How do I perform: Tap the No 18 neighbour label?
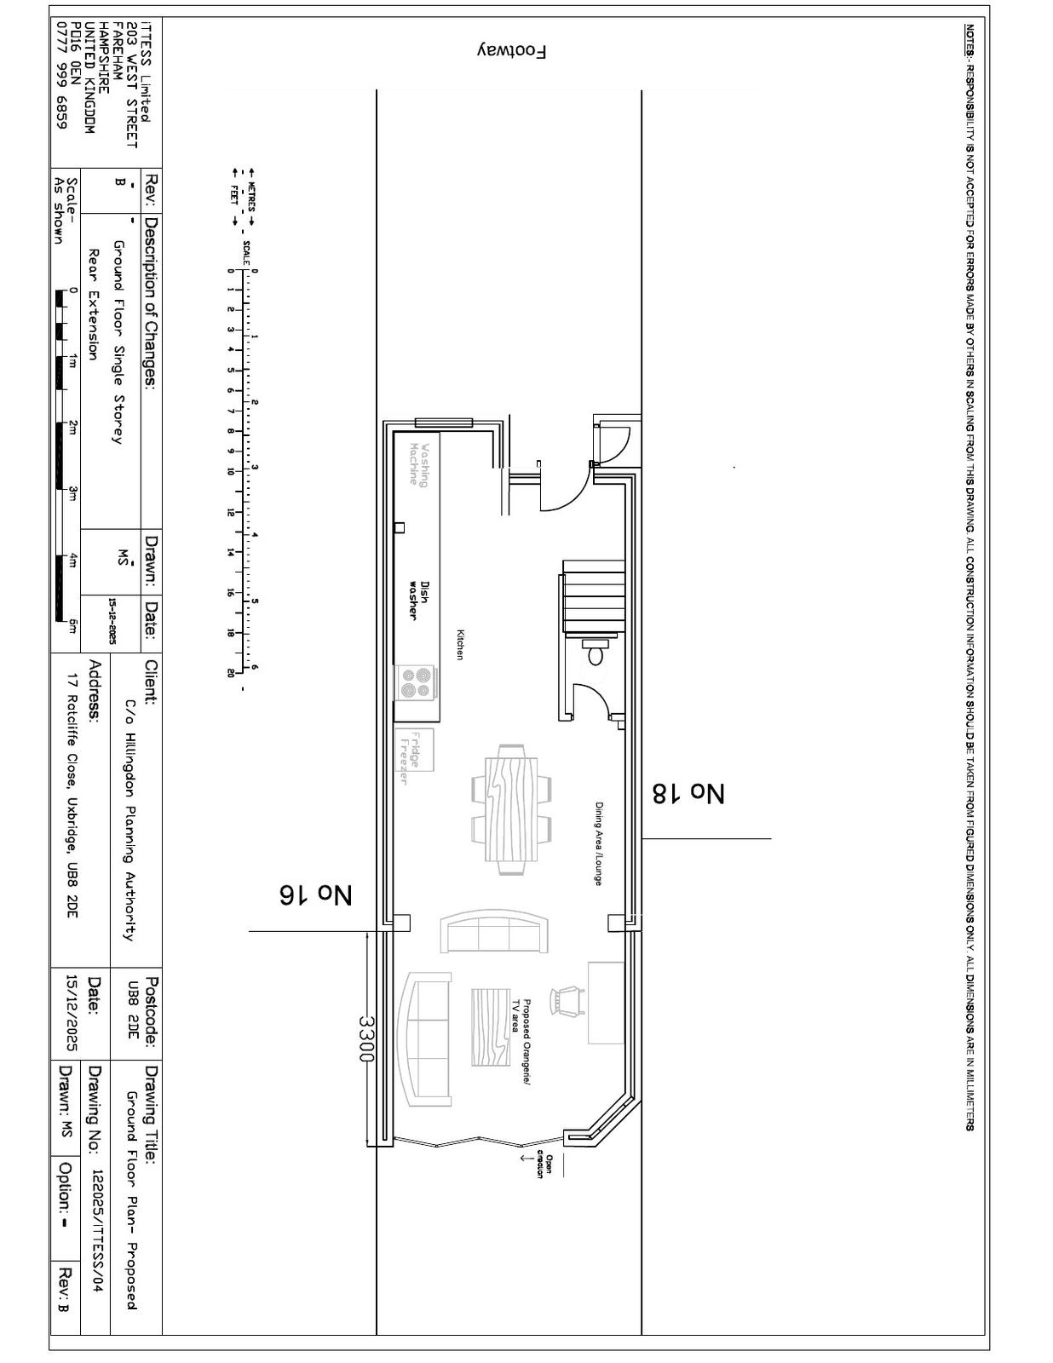[688, 793]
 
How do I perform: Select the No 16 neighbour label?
[315, 894]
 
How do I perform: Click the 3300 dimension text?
[365, 1038]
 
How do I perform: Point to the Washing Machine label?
[419, 464]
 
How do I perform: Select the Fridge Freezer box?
[414, 750]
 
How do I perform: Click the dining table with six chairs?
[512, 808]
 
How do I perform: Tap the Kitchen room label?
[460, 645]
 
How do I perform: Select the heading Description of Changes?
[152, 302]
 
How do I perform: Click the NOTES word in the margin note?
[970, 38]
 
